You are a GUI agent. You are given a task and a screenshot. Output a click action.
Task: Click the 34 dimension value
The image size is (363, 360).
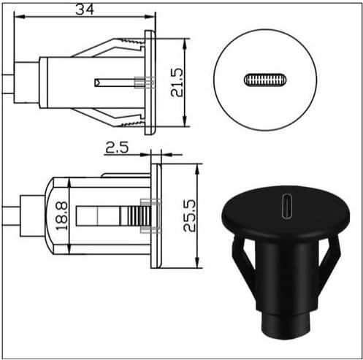[85, 10]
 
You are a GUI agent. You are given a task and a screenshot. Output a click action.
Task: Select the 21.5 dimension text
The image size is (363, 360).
[177, 83]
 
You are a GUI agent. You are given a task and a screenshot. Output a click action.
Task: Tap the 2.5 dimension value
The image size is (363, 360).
[117, 148]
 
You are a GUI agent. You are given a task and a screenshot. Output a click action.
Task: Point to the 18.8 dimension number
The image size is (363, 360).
[61, 216]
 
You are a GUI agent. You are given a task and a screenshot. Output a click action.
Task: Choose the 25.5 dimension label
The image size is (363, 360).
[189, 215]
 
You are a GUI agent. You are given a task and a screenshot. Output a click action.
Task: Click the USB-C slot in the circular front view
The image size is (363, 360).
[265, 80]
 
